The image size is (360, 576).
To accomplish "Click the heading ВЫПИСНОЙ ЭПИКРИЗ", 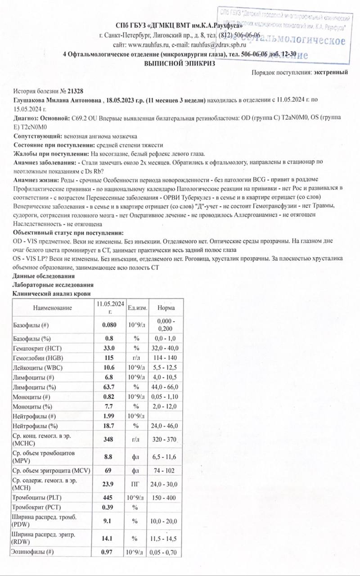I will [x=180, y=63].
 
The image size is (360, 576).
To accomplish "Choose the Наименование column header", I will [x=53, y=308].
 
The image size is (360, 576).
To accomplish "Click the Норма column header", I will [x=166, y=308].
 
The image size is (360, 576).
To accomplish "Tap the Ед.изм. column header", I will [x=137, y=308].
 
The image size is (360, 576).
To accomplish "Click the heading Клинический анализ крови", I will [x=53, y=293].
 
